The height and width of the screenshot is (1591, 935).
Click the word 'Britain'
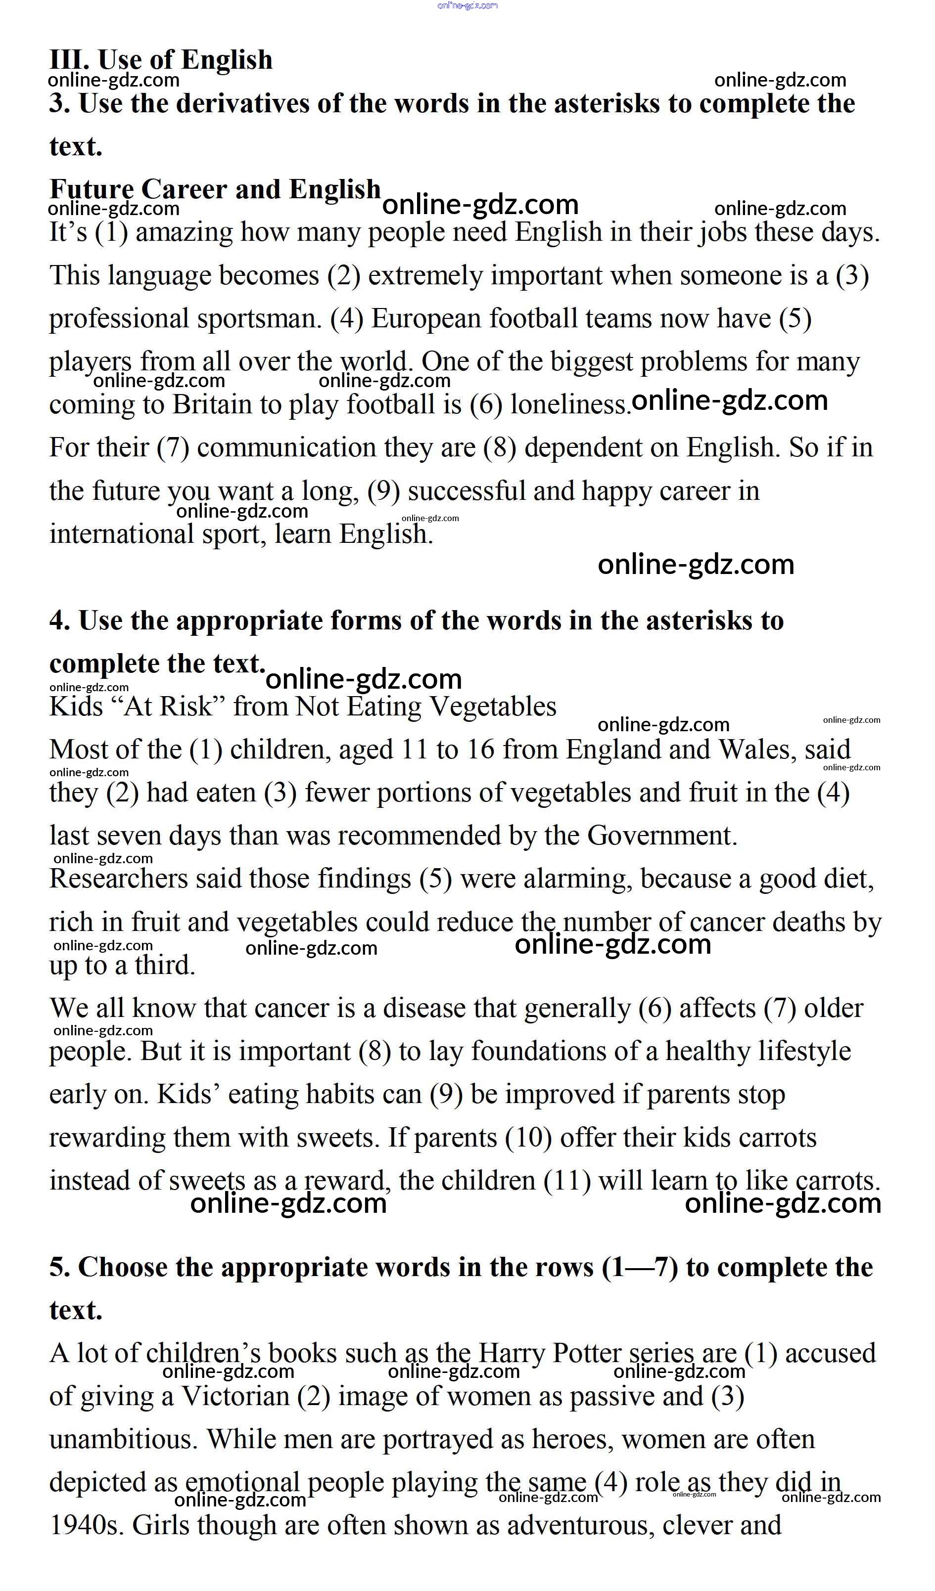pos(212,405)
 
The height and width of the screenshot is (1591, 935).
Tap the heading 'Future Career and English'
pos(215,189)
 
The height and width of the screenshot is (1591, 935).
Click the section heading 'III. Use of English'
pos(161,60)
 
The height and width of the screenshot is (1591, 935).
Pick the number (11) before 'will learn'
pos(566,1181)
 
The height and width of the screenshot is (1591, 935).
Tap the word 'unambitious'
pos(123,1440)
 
